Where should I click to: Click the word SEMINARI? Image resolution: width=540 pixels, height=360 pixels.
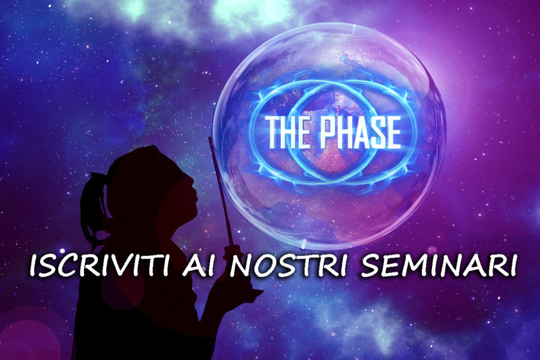(438, 266)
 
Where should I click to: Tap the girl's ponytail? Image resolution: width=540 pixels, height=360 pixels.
(92, 206)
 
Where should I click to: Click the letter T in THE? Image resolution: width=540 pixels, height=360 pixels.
(274, 133)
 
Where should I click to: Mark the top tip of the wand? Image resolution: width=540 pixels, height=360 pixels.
(209, 137)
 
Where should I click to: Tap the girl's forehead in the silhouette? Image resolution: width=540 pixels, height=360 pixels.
(182, 169)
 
